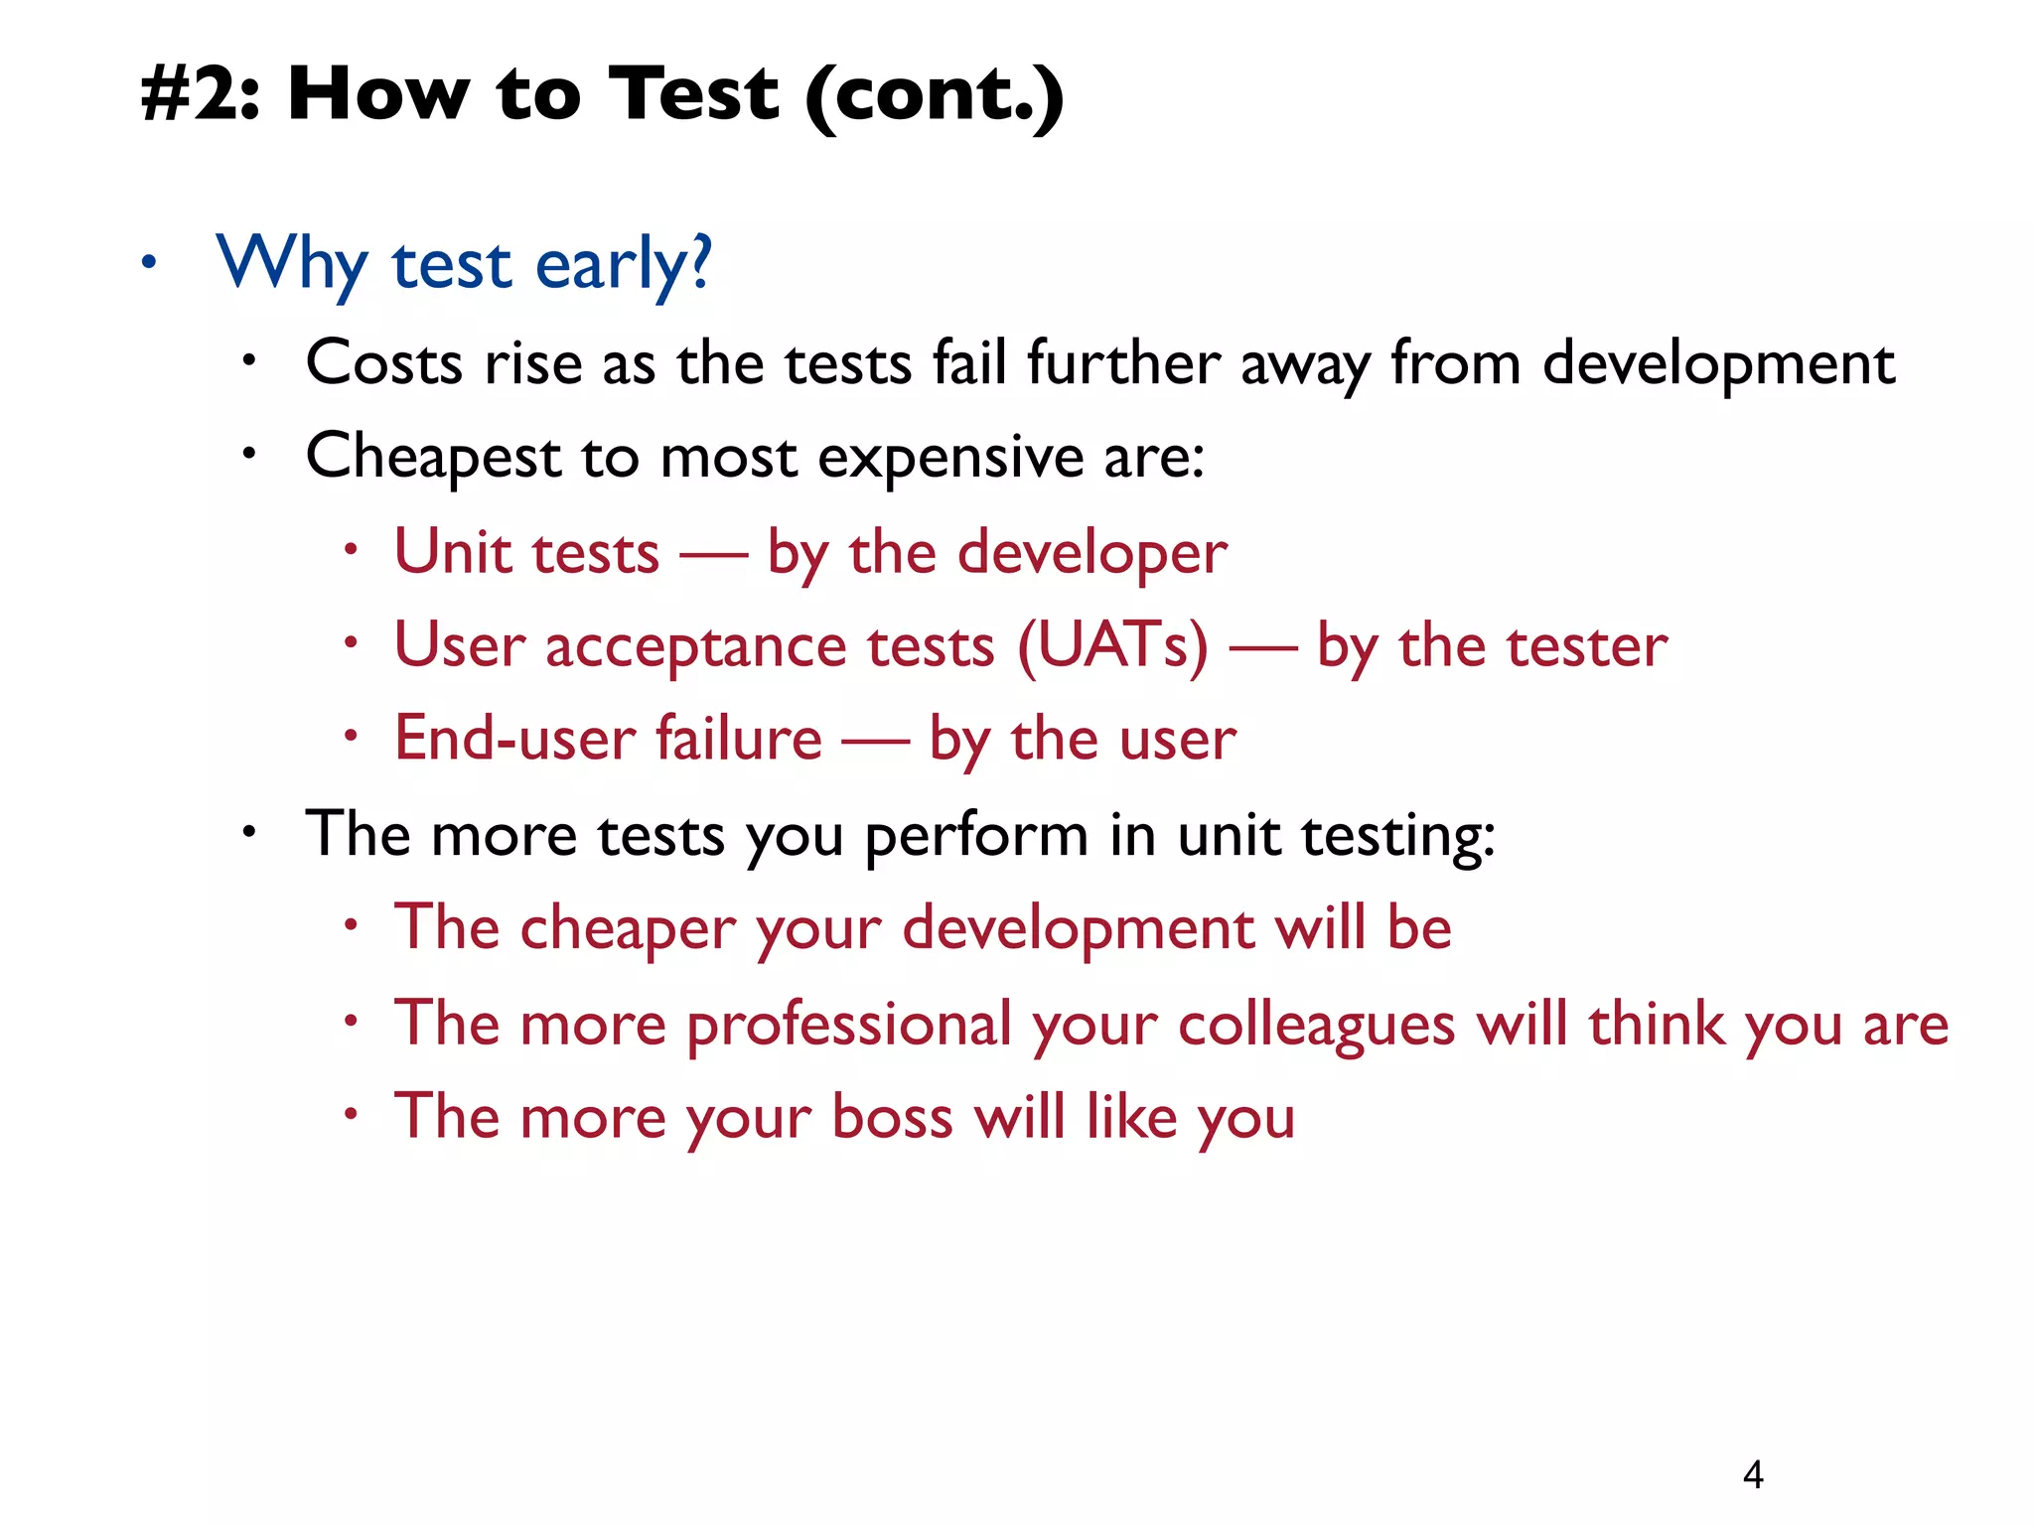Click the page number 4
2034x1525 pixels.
click(x=1753, y=1474)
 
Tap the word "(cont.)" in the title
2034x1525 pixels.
click(x=935, y=96)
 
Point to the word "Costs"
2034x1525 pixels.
click(x=384, y=362)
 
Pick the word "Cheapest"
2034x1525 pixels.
click(x=433, y=458)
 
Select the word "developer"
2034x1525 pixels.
click(x=1091, y=553)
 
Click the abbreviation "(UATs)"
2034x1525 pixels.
click(x=1113, y=646)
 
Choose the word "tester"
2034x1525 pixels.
click(x=1586, y=646)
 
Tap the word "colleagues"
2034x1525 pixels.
click(x=1316, y=1025)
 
